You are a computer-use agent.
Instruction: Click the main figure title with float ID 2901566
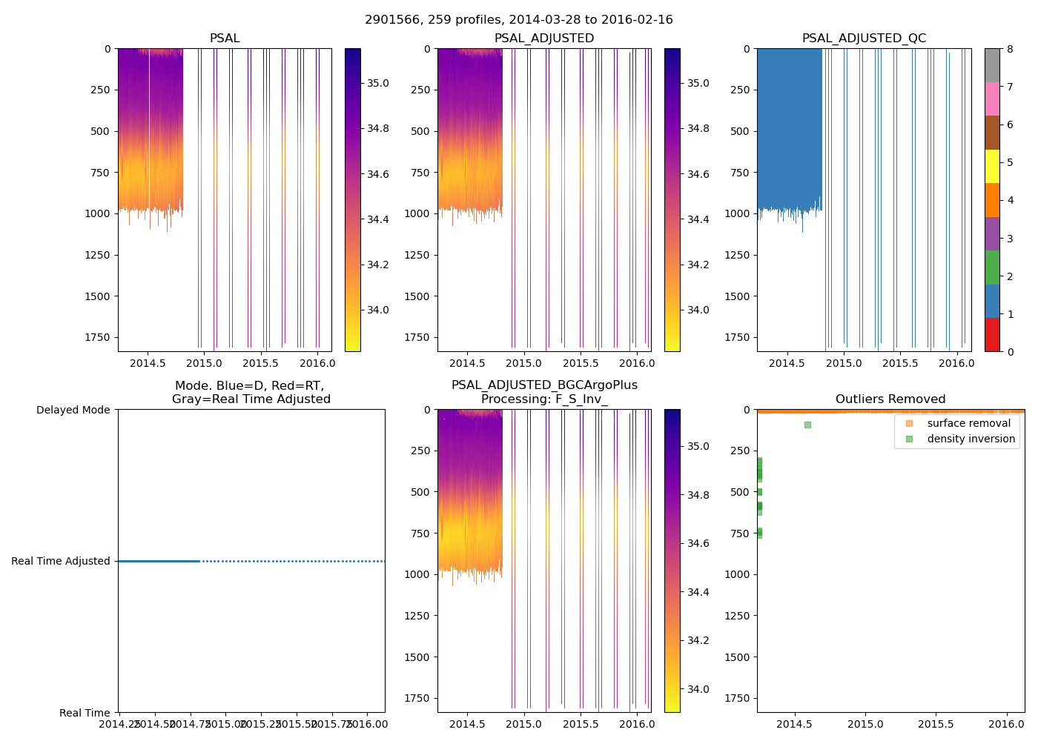518,20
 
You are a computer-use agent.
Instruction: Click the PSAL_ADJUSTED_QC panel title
864,39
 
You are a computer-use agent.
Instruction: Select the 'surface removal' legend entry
968,423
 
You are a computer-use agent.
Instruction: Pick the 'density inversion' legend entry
971,439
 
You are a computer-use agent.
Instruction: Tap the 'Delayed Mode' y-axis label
73,410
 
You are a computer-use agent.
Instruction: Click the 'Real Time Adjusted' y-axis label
61,561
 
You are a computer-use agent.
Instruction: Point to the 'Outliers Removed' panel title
890,399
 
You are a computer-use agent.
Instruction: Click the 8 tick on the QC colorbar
1009,49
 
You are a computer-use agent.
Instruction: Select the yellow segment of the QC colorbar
992,166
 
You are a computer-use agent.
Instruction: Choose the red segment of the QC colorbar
992,334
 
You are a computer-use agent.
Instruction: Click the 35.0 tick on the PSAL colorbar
378,83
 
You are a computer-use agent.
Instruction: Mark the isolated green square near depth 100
807,425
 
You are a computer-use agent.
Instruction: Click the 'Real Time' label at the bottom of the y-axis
85,713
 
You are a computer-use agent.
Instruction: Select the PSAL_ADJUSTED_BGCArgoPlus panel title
544,392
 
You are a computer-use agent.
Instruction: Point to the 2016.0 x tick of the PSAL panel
317,363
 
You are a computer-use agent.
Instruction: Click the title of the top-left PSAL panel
225,39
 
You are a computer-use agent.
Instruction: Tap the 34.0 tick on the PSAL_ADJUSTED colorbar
698,310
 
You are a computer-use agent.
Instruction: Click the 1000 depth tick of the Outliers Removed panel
738,574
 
